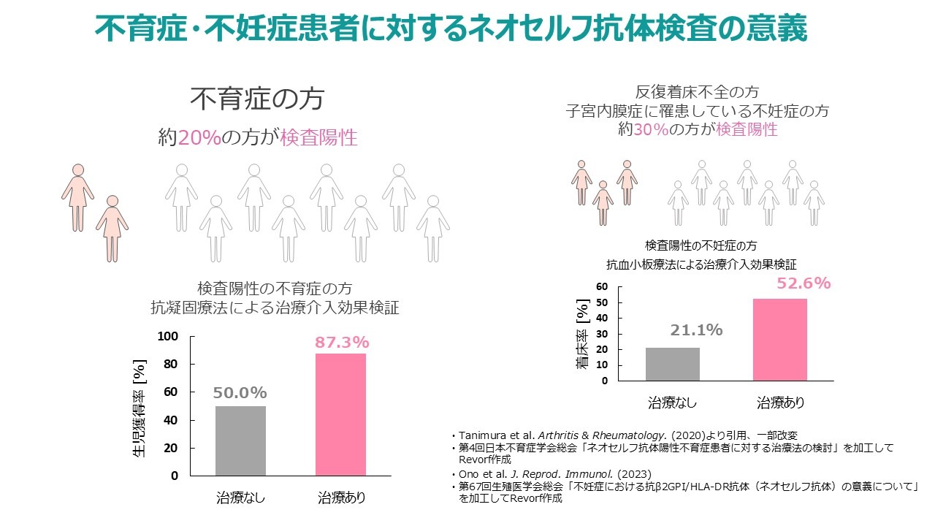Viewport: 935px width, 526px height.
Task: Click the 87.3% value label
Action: [x=342, y=342]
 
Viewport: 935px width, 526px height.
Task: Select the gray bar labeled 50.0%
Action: [x=240, y=441]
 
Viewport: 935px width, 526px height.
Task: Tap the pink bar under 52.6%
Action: [x=780, y=340]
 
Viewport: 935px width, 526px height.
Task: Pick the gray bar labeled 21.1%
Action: [x=673, y=364]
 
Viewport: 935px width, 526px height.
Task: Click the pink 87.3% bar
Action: [x=341, y=414]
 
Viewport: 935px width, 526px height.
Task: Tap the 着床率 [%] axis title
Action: [x=582, y=333]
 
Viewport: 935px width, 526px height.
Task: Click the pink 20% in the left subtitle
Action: [x=199, y=138]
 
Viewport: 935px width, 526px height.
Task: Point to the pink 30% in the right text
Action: [x=652, y=129]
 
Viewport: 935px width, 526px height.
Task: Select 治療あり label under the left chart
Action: [x=341, y=499]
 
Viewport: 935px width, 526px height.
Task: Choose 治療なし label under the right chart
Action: [x=673, y=403]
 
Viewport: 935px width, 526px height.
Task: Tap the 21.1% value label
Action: [x=696, y=330]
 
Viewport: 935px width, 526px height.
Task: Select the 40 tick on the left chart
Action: [x=171, y=421]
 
